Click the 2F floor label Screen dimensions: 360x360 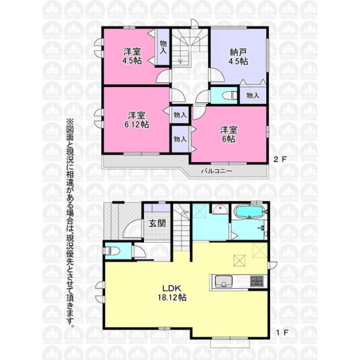280,160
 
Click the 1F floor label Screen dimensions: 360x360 282,332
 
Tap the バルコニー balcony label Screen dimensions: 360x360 217,171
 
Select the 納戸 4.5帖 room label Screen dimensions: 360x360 238,57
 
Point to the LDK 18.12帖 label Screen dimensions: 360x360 172,293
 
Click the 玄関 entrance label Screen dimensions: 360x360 157,223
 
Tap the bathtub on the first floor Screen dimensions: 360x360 250,212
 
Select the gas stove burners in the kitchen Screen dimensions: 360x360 256,281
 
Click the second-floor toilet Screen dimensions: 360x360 230,95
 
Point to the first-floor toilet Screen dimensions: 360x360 113,251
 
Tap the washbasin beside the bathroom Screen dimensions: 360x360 220,209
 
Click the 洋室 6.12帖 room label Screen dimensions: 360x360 137,119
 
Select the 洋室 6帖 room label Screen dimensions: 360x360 229,134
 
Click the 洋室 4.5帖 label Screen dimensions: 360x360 132,56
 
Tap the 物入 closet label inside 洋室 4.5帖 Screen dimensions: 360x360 163,47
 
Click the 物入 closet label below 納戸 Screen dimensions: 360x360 253,95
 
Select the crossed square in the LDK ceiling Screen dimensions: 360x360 239,261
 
